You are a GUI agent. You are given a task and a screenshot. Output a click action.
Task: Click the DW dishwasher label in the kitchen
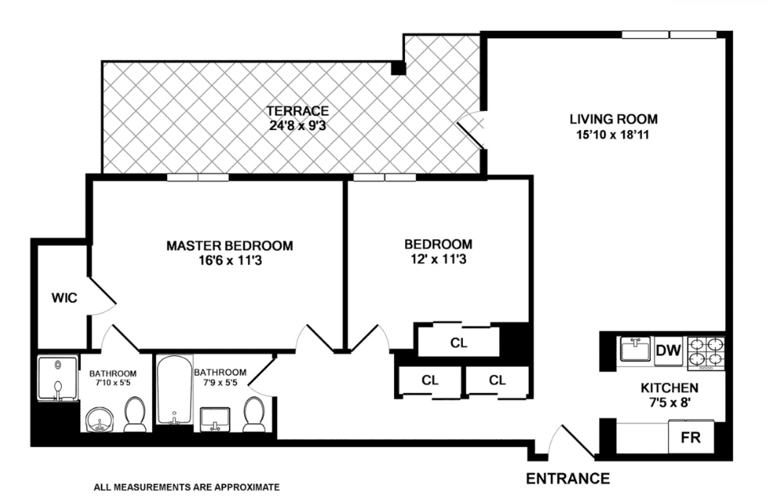[x=668, y=350]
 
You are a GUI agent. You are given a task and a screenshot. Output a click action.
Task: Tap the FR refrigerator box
[x=690, y=437]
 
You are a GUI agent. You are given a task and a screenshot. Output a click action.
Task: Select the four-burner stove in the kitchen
[x=706, y=353]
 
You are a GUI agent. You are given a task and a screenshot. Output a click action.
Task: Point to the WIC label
[x=64, y=298]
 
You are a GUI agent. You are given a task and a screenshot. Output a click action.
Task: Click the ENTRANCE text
[x=567, y=479]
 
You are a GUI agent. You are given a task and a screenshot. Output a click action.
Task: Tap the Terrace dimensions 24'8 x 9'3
[x=297, y=126]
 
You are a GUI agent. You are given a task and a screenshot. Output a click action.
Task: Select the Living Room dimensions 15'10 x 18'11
[x=612, y=135]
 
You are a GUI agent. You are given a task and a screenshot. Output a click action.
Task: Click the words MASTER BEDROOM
[x=230, y=245]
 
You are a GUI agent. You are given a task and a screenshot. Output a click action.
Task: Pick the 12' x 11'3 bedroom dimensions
[x=438, y=259]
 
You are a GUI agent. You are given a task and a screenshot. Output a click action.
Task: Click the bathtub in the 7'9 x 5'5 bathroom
[x=174, y=390]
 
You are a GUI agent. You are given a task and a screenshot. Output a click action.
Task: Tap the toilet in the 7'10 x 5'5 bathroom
[x=135, y=415]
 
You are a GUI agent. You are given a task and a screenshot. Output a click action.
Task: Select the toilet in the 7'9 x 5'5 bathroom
[x=254, y=415]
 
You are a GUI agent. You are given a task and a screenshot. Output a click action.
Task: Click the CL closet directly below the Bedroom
[x=458, y=342]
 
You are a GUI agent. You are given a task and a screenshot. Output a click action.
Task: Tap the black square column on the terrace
[x=398, y=67]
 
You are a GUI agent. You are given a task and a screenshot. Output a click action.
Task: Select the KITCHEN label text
[x=669, y=388]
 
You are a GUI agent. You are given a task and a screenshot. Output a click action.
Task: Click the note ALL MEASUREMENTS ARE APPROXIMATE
[x=186, y=487]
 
